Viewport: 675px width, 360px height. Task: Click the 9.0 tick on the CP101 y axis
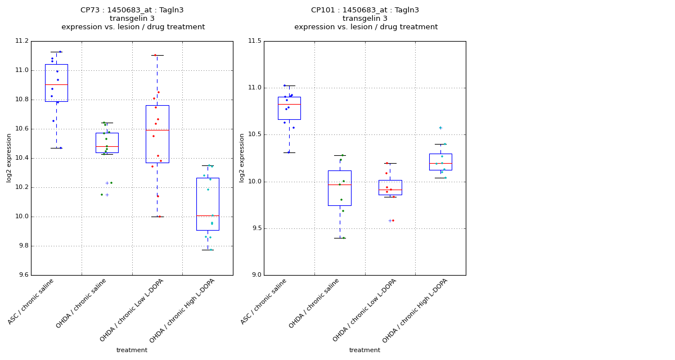[x=255, y=275]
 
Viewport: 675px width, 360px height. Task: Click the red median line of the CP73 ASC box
[x=56, y=84]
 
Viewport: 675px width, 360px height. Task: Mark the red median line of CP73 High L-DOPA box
[x=208, y=215]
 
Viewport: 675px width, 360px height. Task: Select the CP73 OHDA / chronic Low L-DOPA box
[x=157, y=134]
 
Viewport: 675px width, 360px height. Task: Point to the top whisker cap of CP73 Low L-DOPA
[x=157, y=55]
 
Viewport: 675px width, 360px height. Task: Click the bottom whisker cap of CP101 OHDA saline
[x=340, y=238]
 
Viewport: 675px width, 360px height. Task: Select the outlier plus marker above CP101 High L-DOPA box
[x=440, y=128]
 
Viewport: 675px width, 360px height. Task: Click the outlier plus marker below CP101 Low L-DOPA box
[x=389, y=220]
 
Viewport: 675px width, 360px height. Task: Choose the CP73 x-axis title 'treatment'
[x=132, y=350]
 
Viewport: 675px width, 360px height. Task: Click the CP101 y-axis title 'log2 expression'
[x=242, y=157]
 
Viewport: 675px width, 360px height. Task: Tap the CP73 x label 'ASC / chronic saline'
[x=31, y=301]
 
